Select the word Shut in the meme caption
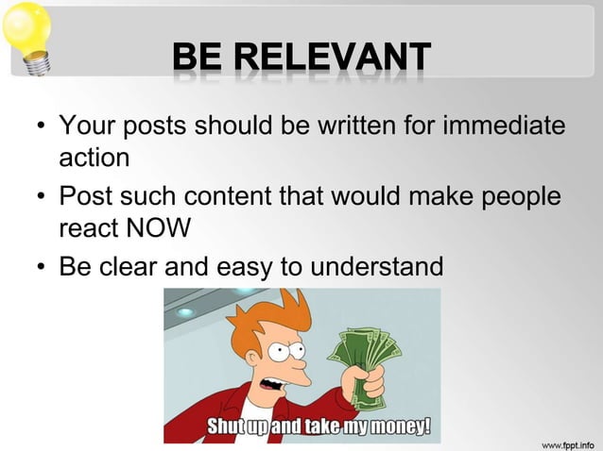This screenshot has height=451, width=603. click(227, 426)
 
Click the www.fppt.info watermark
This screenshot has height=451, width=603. click(566, 442)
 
